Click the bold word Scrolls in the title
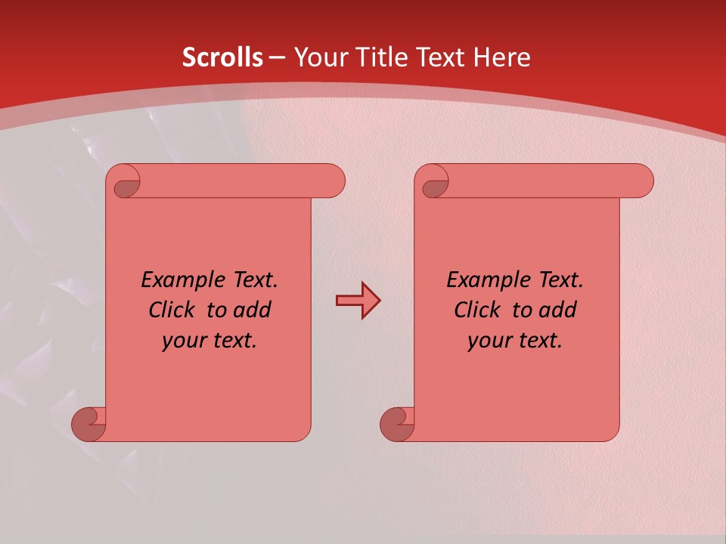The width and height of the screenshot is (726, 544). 222,57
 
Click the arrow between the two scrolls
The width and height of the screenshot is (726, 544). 358,301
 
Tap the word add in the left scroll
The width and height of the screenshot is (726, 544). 252,310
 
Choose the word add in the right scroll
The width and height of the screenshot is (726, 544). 557,310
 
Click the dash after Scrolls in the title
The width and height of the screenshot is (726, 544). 277,58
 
